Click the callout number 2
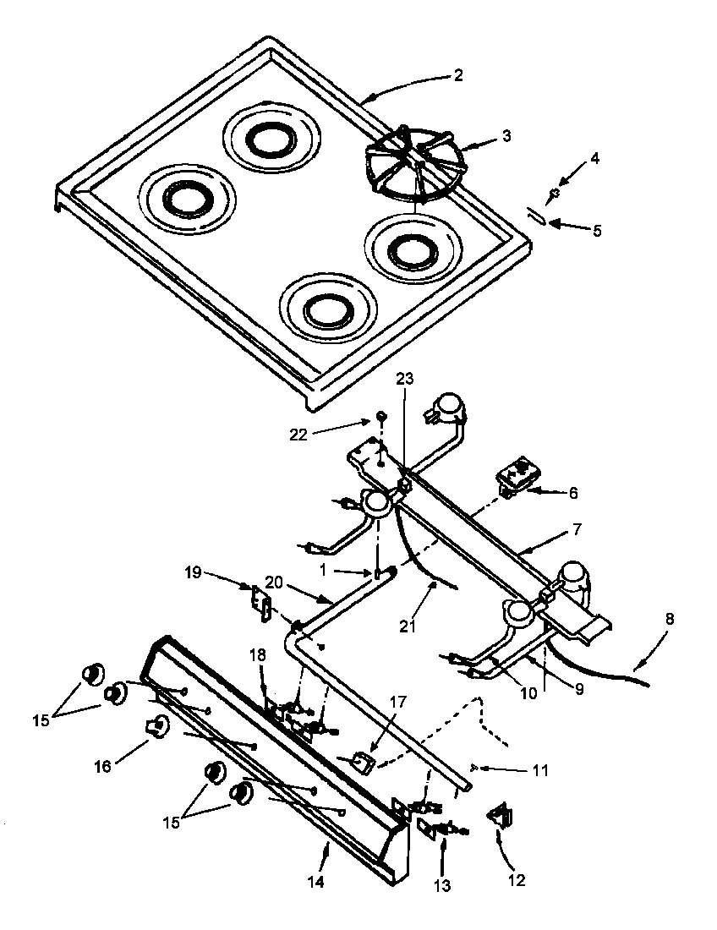click(457, 75)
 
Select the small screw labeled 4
click(553, 194)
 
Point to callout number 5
click(597, 229)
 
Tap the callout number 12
click(517, 879)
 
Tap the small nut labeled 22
click(381, 417)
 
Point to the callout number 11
click(540, 770)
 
